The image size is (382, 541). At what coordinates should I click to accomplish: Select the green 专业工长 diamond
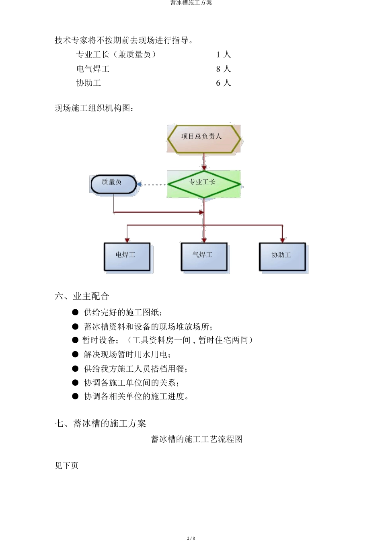[x=203, y=184]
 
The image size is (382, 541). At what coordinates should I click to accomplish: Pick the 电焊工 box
[x=127, y=256]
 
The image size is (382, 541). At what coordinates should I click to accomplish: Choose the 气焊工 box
[x=204, y=256]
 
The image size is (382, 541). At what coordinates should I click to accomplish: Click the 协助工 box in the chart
[x=282, y=256]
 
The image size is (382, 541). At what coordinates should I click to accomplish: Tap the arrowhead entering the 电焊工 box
[x=127, y=240]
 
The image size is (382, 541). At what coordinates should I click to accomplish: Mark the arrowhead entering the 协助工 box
[x=282, y=240]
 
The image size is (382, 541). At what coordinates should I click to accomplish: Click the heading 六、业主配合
[x=82, y=296]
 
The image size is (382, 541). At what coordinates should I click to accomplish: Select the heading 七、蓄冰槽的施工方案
[x=100, y=423]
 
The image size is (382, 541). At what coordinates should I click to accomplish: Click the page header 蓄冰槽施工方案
[x=191, y=3]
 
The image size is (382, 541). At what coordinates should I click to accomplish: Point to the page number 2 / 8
[x=191, y=538]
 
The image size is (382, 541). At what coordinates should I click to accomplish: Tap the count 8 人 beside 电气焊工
[x=223, y=69]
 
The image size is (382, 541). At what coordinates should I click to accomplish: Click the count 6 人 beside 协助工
[x=223, y=83]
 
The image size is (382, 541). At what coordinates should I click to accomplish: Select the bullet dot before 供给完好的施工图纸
[x=75, y=312]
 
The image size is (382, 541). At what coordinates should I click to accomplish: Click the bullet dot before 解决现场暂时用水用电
[x=75, y=354]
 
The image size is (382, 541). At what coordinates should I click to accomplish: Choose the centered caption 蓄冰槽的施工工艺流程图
[x=197, y=439]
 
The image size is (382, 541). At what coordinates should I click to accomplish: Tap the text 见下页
[x=67, y=465]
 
